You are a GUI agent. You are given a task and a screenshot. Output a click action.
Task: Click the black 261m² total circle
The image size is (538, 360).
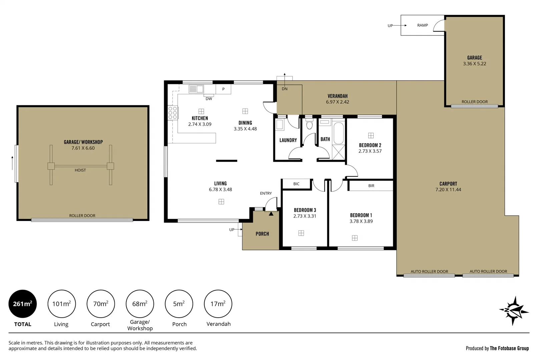pyautogui.click(x=22, y=304)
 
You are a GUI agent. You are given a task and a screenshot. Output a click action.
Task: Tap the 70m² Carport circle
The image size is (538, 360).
pyautogui.click(x=100, y=304)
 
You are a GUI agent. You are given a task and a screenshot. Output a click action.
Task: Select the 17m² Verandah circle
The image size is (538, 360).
pyautogui.click(x=218, y=304)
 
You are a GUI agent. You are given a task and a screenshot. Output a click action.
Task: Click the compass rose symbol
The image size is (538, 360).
pyautogui.click(x=514, y=311)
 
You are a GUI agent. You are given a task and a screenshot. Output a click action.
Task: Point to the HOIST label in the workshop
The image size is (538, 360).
pyautogui.click(x=80, y=170)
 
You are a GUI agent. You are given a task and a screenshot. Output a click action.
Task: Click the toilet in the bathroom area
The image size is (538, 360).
pyautogui.click(x=309, y=125)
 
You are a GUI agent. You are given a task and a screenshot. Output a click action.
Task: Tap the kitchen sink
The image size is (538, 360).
pyautogui.click(x=196, y=89)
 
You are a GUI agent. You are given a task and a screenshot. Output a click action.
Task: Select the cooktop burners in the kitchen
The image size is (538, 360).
pyautogui.click(x=172, y=113)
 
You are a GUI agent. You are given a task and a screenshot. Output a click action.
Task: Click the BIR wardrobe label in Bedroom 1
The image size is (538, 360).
pyautogui.click(x=371, y=186)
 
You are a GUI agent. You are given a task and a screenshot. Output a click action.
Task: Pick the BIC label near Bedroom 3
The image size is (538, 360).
pyautogui.click(x=296, y=184)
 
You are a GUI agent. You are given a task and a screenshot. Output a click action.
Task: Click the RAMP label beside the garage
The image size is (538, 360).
pyautogui.click(x=422, y=25)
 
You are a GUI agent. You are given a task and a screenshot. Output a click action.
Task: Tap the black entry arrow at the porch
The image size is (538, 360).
pyautogui.click(x=271, y=214)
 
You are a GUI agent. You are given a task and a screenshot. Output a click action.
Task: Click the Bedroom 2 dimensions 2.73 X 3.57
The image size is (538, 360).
pyautogui.click(x=370, y=151)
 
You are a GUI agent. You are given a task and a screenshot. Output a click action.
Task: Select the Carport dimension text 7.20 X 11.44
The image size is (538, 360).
pyautogui.click(x=448, y=190)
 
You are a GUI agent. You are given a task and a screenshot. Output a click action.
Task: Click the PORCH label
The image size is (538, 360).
pyautogui.click(x=262, y=234)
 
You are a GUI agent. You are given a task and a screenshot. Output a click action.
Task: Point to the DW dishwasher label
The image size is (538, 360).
pyautogui.click(x=209, y=99)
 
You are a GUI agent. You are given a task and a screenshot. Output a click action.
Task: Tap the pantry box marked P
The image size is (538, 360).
pyautogui.click(x=223, y=89)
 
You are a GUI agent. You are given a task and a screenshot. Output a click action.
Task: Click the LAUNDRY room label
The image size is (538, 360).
pyautogui.click(x=288, y=140)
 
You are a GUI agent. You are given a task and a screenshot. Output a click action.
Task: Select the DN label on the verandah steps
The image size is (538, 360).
pyautogui.click(x=284, y=89)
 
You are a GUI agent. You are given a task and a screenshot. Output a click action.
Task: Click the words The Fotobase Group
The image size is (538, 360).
pyautogui.click(x=509, y=348)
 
